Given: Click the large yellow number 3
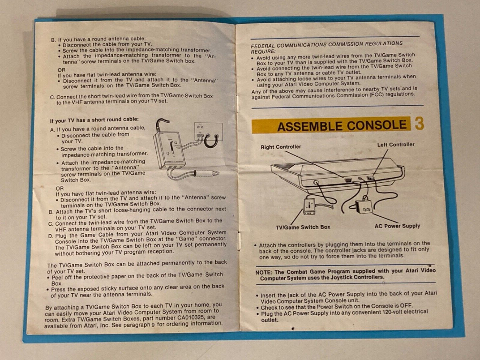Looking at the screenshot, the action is click(419, 124).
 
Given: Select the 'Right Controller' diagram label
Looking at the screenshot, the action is click(281, 147).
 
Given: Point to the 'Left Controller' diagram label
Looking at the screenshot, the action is click(396, 145).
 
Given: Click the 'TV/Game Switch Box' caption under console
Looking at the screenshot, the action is click(303, 227).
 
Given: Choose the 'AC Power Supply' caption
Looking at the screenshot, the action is click(397, 226).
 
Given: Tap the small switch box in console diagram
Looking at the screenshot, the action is click(309, 206).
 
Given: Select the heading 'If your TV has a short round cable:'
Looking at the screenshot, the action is click(94, 120).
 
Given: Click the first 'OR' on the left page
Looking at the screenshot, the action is click(61, 70).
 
